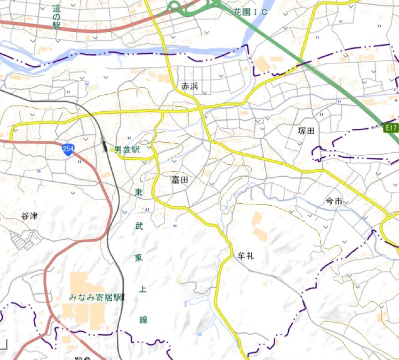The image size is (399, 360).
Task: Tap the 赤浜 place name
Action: pos(190,86)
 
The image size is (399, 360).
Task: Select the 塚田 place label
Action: pos(307,131)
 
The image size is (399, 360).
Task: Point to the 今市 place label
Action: pos(334,201)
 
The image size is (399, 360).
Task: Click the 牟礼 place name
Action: pos(245,256)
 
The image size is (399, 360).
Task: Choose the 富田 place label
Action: pos(180,180)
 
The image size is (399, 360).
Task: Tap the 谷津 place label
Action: pos(29,216)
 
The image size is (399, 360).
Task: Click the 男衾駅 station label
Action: pos(127,149)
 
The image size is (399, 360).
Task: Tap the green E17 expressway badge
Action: pos(392,128)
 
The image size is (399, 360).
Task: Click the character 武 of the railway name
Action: pos(138,225)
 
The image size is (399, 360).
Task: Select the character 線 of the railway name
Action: pos(144,320)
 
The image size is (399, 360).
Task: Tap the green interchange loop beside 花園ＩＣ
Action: pos(175,6)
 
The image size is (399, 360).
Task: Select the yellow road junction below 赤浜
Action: pos(199,106)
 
